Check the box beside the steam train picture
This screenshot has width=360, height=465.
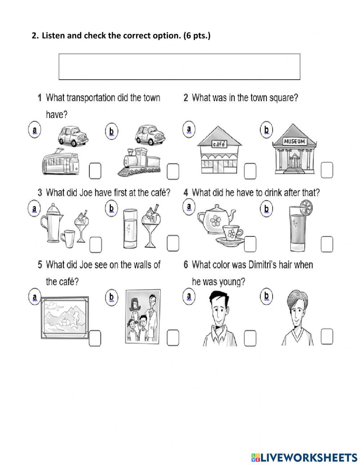(x=173, y=171)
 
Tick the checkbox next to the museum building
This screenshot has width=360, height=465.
(x=327, y=170)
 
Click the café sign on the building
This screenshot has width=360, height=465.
(x=219, y=144)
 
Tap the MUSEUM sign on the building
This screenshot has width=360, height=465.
(x=294, y=142)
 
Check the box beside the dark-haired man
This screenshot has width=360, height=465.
(x=250, y=338)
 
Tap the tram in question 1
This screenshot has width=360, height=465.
(x=61, y=162)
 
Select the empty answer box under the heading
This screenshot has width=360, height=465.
(x=179, y=67)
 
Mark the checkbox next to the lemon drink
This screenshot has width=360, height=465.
(x=327, y=244)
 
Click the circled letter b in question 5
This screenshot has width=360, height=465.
(x=111, y=297)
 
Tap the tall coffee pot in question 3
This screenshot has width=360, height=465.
(x=51, y=223)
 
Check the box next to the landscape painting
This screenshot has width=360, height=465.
(x=95, y=338)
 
